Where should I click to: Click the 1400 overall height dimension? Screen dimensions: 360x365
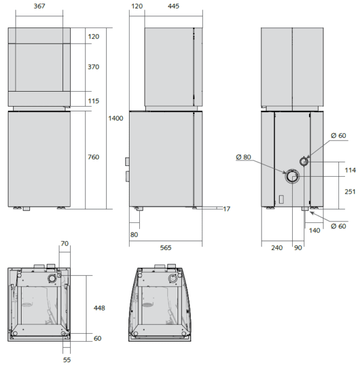116,118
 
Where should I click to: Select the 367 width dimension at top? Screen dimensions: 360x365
40,6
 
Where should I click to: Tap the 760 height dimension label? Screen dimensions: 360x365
94,157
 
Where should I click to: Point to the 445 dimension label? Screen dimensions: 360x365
173,6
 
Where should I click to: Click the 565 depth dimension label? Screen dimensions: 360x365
166,248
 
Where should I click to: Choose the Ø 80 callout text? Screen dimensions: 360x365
244,157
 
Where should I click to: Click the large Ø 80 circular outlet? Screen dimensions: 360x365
292,176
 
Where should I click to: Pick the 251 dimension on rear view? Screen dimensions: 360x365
350,192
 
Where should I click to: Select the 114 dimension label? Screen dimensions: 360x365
350,170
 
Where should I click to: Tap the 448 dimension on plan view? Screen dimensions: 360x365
99,308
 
